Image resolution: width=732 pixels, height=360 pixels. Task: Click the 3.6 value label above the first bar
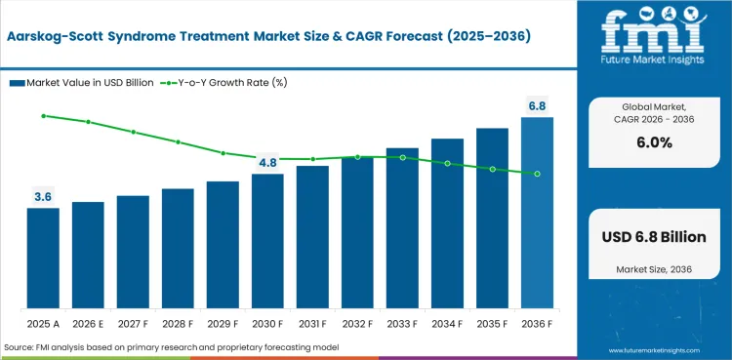pyautogui.click(x=43, y=197)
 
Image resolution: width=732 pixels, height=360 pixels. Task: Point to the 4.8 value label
pyautogui.click(x=267, y=163)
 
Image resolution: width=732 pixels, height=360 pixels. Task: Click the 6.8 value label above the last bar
pyautogui.click(x=537, y=105)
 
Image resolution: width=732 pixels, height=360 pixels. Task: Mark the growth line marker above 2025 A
pyautogui.click(x=43, y=115)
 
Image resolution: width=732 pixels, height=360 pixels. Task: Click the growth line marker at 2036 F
pyautogui.click(x=537, y=174)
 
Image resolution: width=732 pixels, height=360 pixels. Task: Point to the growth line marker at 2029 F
pyautogui.click(x=223, y=153)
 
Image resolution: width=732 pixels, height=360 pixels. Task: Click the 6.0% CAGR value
pyautogui.click(x=654, y=142)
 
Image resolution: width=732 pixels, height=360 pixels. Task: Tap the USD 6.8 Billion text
pyautogui.click(x=654, y=237)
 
